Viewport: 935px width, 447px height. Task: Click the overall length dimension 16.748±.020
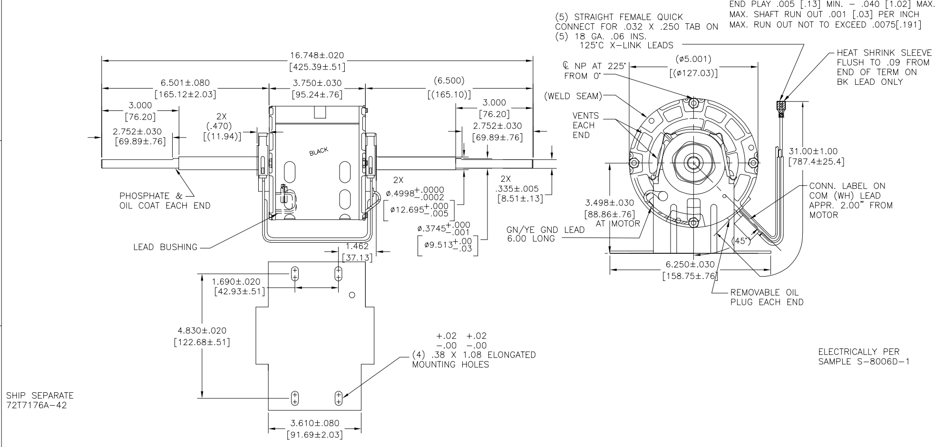[x=317, y=56]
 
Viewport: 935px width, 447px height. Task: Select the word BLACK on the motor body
[x=319, y=151]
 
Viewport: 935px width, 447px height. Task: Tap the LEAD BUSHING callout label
[x=165, y=247]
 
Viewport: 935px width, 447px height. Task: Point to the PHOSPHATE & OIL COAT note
[x=165, y=201]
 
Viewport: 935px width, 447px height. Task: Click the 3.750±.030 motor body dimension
[x=317, y=83]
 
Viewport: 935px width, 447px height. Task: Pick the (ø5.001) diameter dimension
[x=693, y=60]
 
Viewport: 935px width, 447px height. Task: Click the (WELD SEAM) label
[x=573, y=97]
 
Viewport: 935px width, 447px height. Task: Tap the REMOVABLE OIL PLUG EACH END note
[x=767, y=297]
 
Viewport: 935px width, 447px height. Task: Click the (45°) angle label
[x=741, y=241]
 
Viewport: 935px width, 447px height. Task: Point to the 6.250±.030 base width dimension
[x=690, y=265]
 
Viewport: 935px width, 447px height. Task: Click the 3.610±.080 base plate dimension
[x=314, y=423]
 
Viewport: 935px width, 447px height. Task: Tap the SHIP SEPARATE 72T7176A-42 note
[x=40, y=400]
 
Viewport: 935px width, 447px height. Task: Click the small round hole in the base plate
[x=352, y=295]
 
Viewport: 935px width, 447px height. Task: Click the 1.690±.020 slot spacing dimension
[x=236, y=281]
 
